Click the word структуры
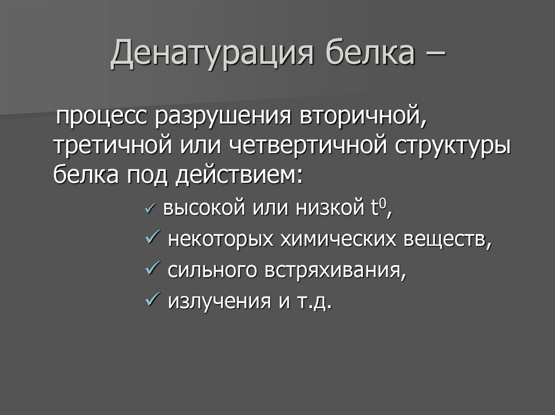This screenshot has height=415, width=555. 450,147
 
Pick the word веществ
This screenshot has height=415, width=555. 448,239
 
